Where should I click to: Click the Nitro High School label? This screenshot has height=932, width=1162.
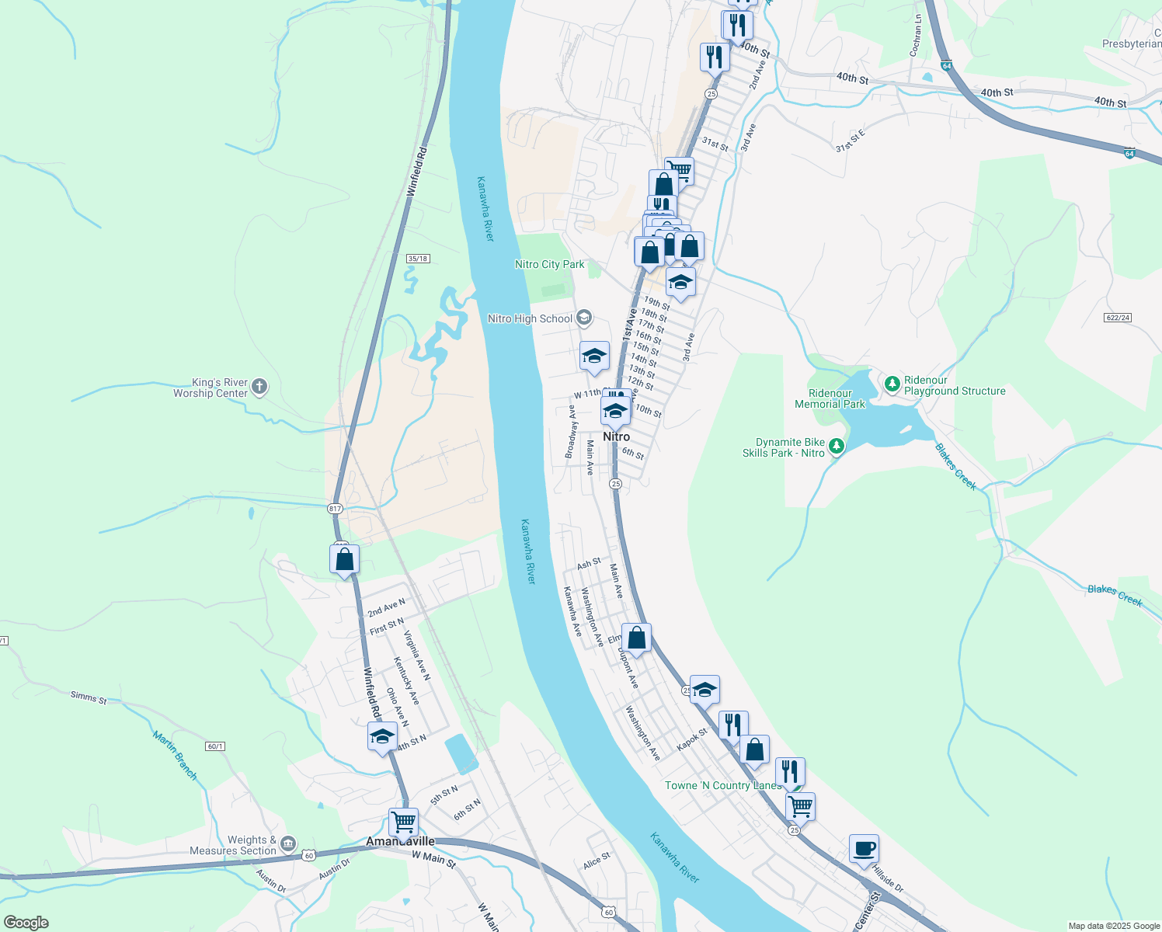[x=530, y=318]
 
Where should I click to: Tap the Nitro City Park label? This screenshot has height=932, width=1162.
[x=549, y=264]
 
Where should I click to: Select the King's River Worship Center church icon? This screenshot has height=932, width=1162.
[x=259, y=387]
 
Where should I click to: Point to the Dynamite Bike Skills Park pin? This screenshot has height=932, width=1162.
[x=836, y=447]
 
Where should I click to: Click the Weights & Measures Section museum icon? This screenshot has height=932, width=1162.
[x=287, y=843]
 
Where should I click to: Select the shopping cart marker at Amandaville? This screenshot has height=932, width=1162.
[x=403, y=821]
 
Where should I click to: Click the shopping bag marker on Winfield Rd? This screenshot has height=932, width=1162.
[x=344, y=558]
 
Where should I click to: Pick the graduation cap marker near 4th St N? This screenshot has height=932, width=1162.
[x=382, y=736]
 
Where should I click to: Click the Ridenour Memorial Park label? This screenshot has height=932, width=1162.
[x=830, y=398]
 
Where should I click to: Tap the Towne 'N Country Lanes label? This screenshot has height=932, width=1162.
[x=722, y=785]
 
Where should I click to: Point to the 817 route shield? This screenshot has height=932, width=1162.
[x=335, y=508]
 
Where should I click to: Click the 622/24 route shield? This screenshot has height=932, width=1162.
[x=1116, y=317]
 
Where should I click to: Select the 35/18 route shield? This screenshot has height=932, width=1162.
[x=418, y=258]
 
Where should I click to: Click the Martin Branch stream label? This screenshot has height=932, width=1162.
[x=175, y=755]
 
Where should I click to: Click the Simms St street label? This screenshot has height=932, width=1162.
[x=89, y=697]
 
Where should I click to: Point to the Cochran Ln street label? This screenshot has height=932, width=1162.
[x=916, y=35]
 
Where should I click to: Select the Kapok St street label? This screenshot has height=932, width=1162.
[x=692, y=739]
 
